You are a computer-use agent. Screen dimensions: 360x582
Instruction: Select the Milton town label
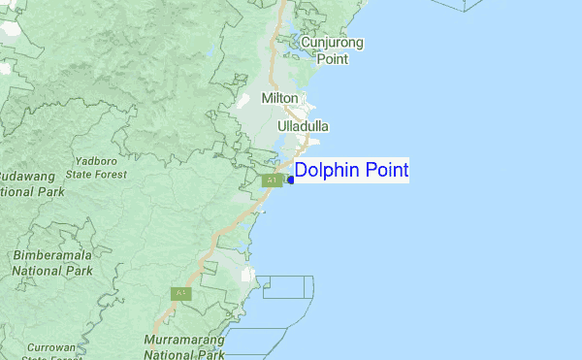(x=279, y=99)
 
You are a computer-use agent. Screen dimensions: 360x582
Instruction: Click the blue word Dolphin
(x=325, y=172)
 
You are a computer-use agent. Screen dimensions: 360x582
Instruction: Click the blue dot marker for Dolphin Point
(x=291, y=180)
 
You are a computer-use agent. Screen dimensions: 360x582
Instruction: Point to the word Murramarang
(x=183, y=340)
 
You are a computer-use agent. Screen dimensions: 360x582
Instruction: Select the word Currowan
(x=50, y=346)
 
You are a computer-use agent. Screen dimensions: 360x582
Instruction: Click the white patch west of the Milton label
(x=242, y=100)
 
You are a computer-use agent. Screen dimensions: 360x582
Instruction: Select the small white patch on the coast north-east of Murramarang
(x=247, y=276)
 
